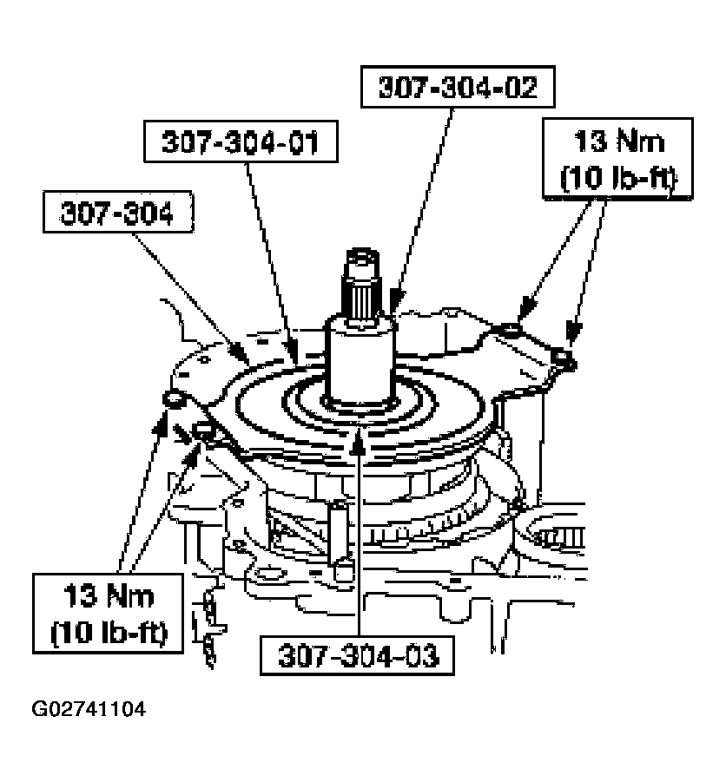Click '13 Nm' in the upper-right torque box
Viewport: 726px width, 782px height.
(x=618, y=141)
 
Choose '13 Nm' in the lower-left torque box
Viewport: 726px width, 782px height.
(x=109, y=596)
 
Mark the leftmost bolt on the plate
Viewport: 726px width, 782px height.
(x=172, y=399)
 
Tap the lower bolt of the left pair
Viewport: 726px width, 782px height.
(x=205, y=430)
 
